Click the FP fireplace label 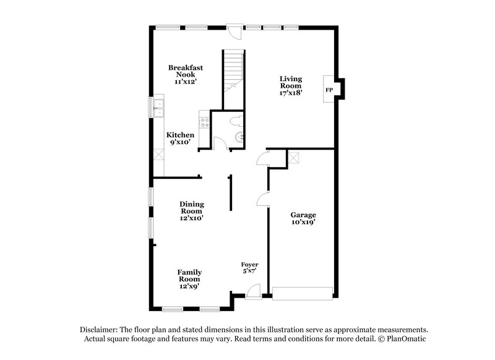tap(329, 90)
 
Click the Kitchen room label tap(180, 135)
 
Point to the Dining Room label tap(192, 207)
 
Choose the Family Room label tap(189, 275)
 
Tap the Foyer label tap(249, 264)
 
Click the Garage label tap(303, 215)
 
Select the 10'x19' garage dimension tap(303, 223)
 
